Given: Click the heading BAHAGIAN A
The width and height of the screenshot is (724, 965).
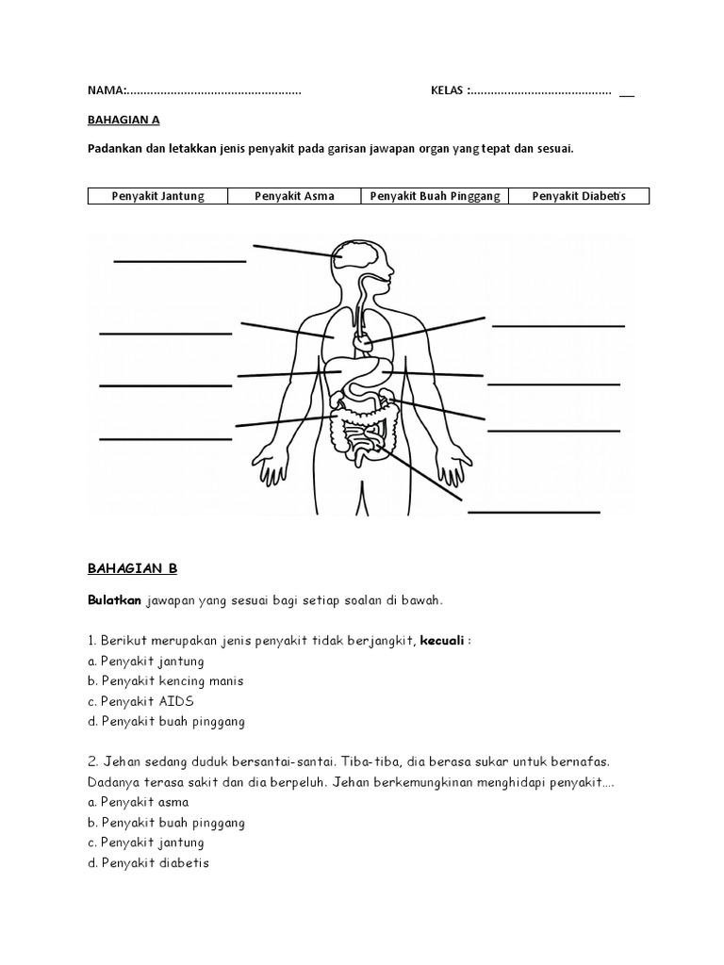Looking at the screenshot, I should click(119, 120).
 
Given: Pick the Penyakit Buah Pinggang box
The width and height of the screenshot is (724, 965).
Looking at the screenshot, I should click(435, 196).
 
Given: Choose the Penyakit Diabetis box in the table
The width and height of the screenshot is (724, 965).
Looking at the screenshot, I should click(578, 196).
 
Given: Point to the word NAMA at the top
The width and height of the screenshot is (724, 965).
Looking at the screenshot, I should click(106, 90).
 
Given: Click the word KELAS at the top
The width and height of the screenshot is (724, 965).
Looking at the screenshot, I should click(448, 90).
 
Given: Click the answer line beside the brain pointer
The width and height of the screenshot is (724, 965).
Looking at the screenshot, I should click(179, 260).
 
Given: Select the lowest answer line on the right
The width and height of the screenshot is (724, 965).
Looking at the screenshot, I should click(534, 512).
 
